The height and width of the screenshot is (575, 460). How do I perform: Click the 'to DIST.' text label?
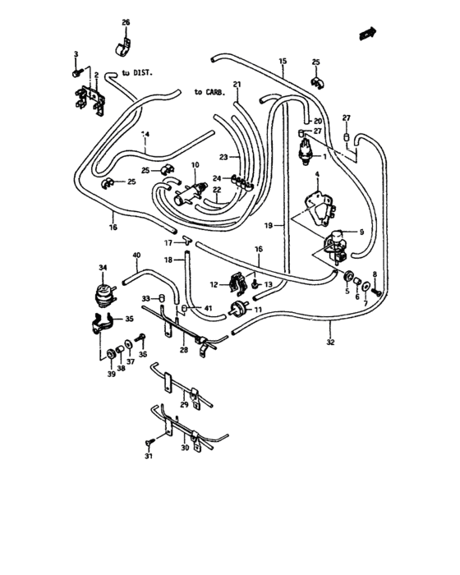[138, 73]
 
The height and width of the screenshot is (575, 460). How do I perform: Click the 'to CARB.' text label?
[209, 91]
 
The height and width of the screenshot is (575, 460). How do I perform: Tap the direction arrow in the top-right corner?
[367, 34]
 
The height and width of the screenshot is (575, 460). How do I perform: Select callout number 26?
[126, 21]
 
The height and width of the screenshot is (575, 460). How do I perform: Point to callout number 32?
[330, 342]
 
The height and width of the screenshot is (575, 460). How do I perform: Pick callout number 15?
[283, 62]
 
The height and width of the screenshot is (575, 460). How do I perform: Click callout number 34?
[103, 269]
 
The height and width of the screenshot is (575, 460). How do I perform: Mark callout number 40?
[136, 256]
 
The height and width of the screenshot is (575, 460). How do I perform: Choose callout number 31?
[149, 456]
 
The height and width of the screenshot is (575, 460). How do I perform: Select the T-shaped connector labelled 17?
[186, 242]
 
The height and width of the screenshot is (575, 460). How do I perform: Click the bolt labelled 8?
[375, 292]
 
